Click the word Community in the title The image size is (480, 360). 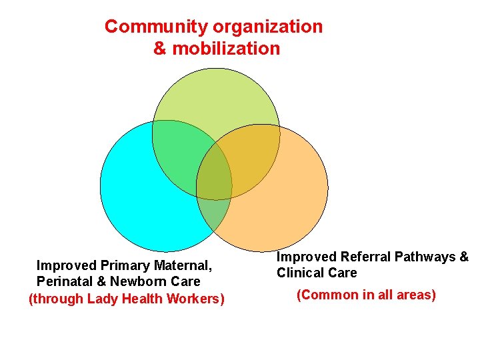156,27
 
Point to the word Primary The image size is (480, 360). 125,265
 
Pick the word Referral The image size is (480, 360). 365,257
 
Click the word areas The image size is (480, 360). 414,295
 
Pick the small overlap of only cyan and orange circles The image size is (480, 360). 215,212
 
